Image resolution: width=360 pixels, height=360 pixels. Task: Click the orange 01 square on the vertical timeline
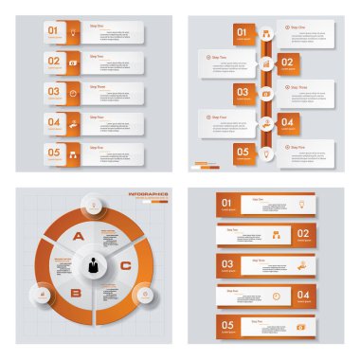click(x=243, y=34)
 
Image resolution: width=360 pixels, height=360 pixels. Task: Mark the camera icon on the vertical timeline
click(x=265, y=93)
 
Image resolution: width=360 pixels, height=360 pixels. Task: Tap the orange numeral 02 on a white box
click(x=53, y=61)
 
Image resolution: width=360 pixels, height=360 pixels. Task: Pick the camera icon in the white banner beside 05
click(x=300, y=327)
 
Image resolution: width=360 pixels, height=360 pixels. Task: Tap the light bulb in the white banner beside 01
click(x=299, y=203)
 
